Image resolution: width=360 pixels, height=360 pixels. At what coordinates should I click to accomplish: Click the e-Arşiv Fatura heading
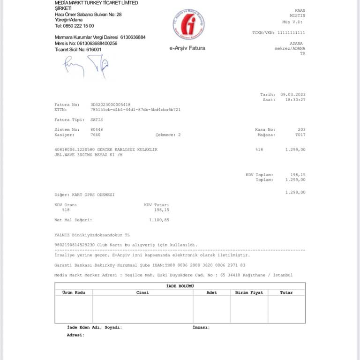click(x=187, y=48)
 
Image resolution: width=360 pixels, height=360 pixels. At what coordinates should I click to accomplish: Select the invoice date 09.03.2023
click(x=293, y=94)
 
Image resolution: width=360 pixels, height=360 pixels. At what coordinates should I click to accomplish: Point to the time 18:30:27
click(x=295, y=99)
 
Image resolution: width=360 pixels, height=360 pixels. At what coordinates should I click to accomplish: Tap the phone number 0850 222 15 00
click(x=78, y=26)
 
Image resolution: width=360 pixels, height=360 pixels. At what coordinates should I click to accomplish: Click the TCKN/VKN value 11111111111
click(x=291, y=33)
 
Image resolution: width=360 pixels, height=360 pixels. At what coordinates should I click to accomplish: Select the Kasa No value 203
click(x=301, y=129)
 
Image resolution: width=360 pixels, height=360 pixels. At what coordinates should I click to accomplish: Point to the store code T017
click(x=300, y=135)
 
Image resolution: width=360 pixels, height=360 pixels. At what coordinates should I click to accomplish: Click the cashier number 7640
click(x=96, y=135)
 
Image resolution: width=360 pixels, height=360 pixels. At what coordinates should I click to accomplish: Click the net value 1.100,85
click(x=158, y=219)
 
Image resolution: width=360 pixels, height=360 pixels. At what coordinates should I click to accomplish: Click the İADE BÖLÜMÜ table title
click(x=180, y=285)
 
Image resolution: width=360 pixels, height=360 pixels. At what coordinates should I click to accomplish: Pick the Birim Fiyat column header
click(x=249, y=292)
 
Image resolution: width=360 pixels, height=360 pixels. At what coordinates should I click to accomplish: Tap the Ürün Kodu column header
click(x=74, y=292)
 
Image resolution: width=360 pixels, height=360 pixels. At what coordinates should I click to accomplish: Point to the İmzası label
click(x=201, y=327)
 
